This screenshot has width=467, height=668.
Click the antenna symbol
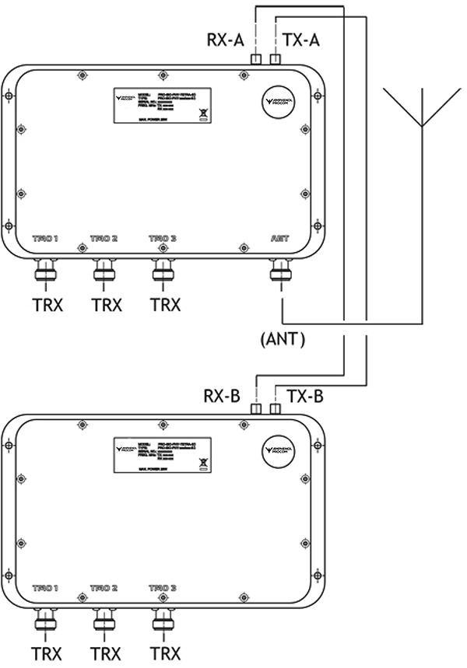(421, 109)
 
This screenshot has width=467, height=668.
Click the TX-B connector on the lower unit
(276, 409)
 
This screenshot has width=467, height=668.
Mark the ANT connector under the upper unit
(280, 271)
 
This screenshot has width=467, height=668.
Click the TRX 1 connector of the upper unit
(44, 271)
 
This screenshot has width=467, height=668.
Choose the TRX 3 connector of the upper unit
(163, 271)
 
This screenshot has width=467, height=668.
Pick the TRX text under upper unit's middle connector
(106, 305)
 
